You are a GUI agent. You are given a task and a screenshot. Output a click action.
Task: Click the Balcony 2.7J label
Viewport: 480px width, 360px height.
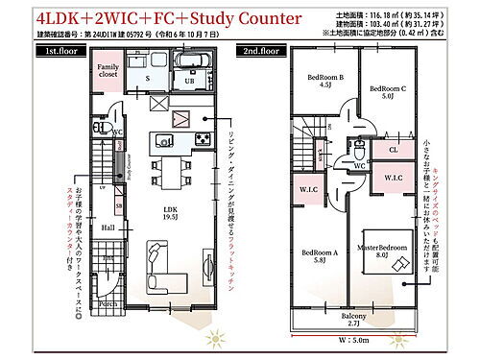(353, 318)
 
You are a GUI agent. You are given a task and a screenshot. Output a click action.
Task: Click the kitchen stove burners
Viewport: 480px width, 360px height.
(204, 139)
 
